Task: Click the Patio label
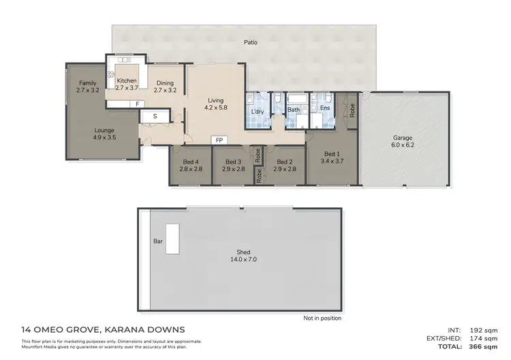tap(250, 42)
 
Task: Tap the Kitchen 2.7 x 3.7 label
tap(127, 84)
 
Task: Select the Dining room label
tap(165, 86)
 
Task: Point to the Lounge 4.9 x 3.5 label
tap(104, 134)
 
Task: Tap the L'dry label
tap(258, 111)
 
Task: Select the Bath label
tap(294, 109)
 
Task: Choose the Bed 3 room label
tap(234, 164)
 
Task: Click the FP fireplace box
tap(219, 140)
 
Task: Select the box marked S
tap(155, 117)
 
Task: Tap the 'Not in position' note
tap(322, 318)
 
